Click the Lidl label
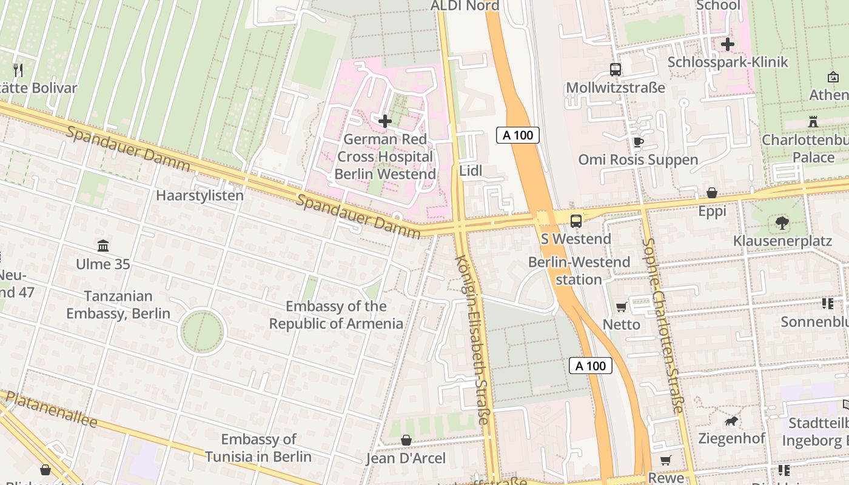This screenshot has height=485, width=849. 471,171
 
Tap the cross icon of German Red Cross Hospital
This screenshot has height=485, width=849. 384,121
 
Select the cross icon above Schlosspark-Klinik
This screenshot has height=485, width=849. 727,44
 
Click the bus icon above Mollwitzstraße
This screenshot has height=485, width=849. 616,70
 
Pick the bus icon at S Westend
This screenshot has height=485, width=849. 576,221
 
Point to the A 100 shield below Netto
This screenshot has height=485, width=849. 591,366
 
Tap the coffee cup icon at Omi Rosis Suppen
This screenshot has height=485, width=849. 637,142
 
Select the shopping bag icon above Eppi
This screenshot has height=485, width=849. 712,193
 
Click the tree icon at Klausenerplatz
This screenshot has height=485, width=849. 782,223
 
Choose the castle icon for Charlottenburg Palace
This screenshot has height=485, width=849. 813,121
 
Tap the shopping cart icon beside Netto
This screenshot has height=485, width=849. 621,307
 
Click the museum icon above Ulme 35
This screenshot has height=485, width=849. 103,246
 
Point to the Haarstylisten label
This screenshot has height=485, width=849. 200,196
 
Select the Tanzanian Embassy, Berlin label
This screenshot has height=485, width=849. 118,305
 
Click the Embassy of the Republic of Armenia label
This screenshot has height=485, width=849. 336,315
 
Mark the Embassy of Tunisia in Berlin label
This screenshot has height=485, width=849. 258,448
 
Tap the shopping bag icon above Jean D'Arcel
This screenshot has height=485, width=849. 406,440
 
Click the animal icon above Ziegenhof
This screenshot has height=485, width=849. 731,420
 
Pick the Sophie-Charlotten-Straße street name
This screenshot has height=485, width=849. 663,324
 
